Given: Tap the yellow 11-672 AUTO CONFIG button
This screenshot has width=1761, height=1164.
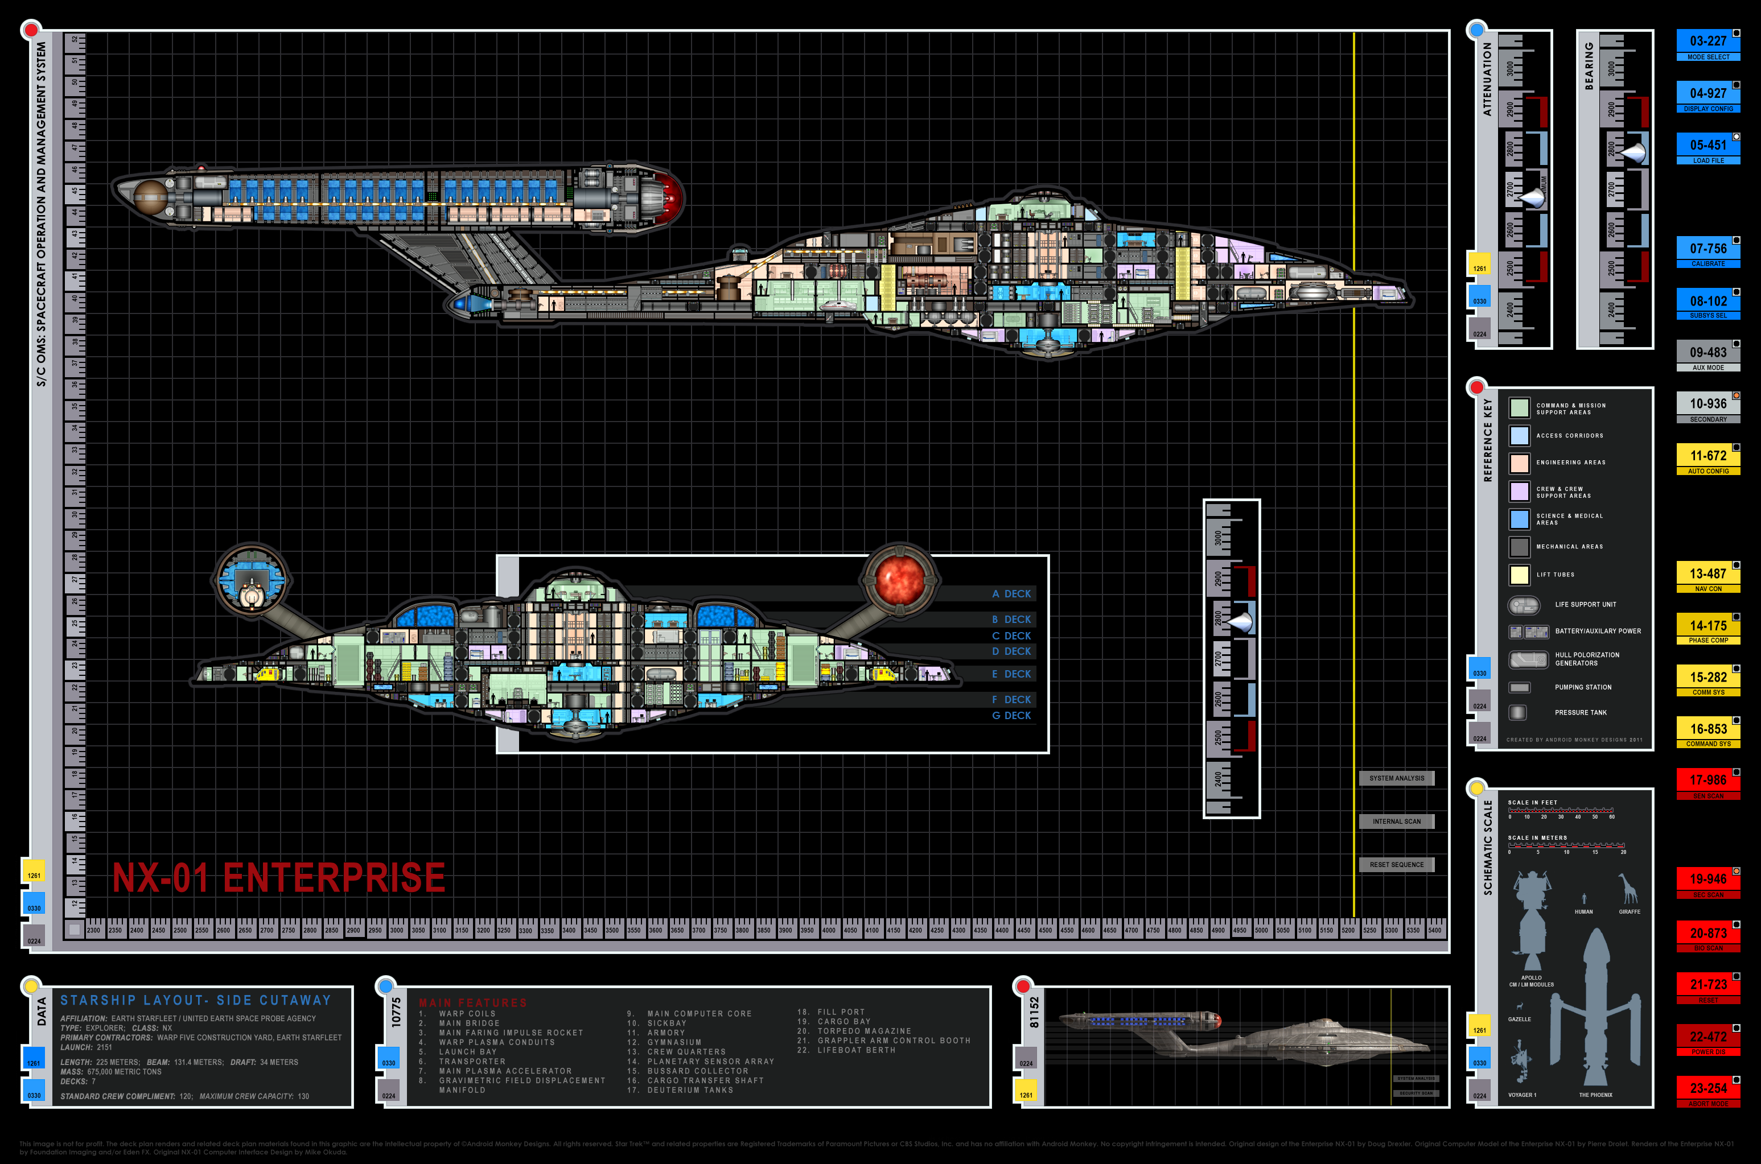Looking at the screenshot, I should click(x=1707, y=459).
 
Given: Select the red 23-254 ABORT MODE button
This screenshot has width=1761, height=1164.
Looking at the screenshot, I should click(x=1707, y=1092).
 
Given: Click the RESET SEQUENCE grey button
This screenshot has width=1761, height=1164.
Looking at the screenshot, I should click(x=1396, y=864).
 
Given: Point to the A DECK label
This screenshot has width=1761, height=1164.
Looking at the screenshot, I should click(x=1011, y=594).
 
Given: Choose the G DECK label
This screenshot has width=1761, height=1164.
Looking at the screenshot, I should click(x=1011, y=716).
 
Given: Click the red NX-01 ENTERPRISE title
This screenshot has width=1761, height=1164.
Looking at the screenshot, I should click(x=278, y=877).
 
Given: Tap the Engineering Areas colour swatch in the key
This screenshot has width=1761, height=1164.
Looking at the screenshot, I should click(x=1519, y=463).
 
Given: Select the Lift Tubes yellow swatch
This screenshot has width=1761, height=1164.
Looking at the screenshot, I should click(x=1519, y=574).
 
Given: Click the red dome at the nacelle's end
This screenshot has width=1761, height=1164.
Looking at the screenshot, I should click(x=672, y=197).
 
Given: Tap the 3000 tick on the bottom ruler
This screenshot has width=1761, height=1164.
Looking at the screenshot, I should click(x=397, y=930).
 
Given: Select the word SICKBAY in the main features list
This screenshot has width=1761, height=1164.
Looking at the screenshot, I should click(x=666, y=1023).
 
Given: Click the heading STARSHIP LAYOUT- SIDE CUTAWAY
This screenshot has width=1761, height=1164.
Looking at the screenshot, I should click(x=195, y=1000).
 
